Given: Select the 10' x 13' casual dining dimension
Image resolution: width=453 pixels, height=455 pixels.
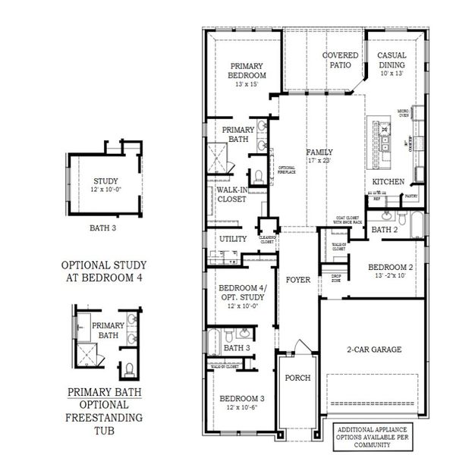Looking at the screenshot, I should pyautogui.click(x=392, y=74).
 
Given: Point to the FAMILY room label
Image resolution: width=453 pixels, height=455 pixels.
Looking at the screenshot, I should pyautogui.click(x=319, y=152).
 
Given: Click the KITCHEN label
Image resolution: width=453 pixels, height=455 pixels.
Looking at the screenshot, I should pyautogui.click(x=388, y=182).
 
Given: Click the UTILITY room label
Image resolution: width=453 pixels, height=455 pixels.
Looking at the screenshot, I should pyautogui.click(x=233, y=239).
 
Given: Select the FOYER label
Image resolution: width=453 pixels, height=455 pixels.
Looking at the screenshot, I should pyautogui.click(x=298, y=280).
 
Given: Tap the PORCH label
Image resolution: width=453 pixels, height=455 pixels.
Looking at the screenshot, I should pyautogui.click(x=297, y=378).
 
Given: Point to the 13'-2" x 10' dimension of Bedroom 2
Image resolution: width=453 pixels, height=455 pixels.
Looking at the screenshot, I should pyautogui.click(x=390, y=276).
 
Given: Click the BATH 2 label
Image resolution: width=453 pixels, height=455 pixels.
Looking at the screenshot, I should pyautogui.click(x=385, y=229).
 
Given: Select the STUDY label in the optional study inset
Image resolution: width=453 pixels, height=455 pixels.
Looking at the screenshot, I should pyautogui.click(x=105, y=180).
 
